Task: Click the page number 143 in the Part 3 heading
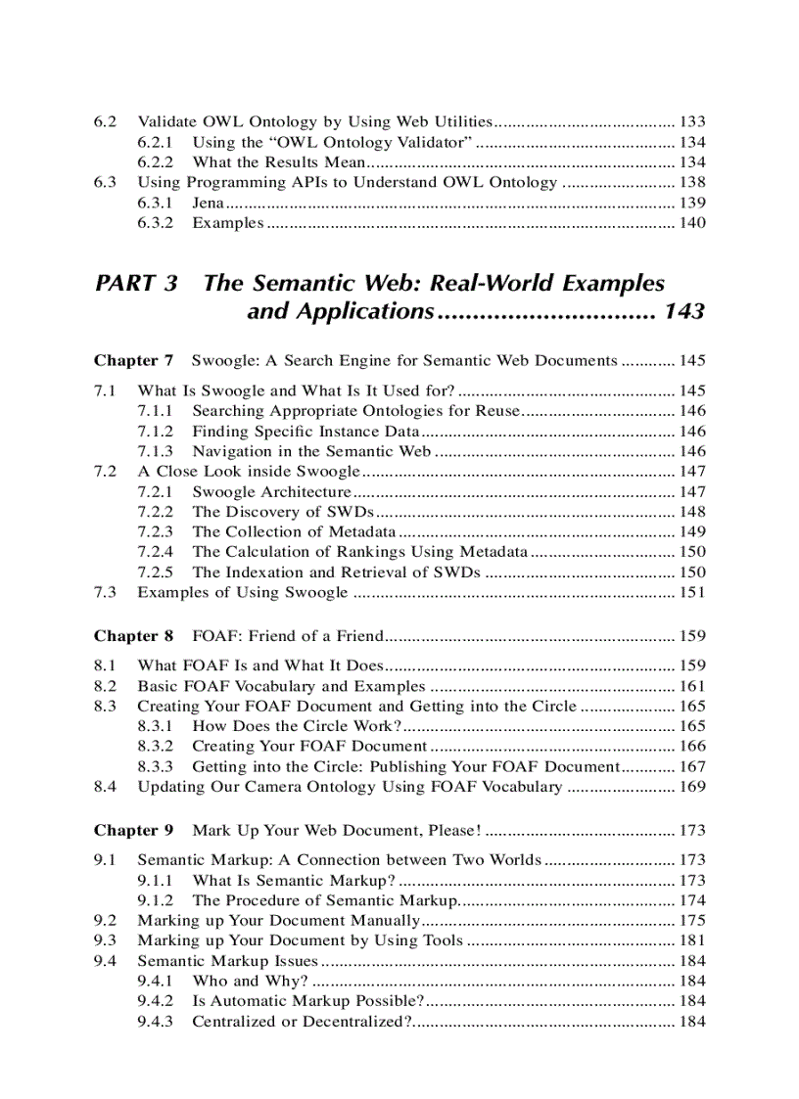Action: pyautogui.click(x=683, y=312)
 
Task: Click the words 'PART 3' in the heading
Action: pyautogui.click(x=136, y=284)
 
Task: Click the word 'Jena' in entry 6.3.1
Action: pyautogui.click(x=208, y=203)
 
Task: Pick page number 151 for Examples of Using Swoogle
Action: pyautogui.click(x=691, y=592)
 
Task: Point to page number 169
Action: pyautogui.click(x=691, y=787)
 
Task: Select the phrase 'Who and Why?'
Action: pyautogui.click(x=250, y=981)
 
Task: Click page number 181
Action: pyautogui.click(x=691, y=940)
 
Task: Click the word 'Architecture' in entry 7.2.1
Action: pyautogui.click(x=304, y=492)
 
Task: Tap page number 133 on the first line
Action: pyautogui.click(x=691, y=122)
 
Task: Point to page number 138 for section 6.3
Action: pyautogui.click(x=691, y=182)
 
